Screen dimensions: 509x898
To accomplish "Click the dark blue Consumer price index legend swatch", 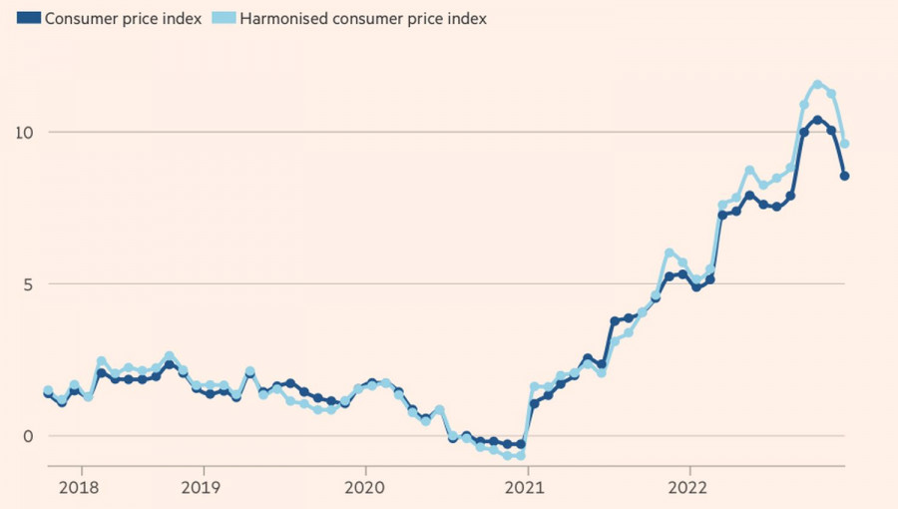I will (x=29, y=19).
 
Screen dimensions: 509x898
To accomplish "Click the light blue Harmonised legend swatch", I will (x=223, y=19).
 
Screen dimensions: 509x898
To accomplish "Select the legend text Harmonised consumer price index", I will (x=359, y=19).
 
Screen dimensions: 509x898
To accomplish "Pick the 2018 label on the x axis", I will (x=80, y=488).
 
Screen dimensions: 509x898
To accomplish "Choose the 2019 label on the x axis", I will (x=204, y=488).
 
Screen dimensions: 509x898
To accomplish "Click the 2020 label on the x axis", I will (x=364, y=488).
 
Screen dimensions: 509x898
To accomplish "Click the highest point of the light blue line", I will (x=817, y=85).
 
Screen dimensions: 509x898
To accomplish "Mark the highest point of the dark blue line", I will (x=817, y=120).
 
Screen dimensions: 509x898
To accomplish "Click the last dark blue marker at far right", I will (x=844, y=176).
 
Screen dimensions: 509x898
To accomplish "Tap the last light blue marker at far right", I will (x=844, y=144).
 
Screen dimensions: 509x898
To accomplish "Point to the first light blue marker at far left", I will (x=48, y=391).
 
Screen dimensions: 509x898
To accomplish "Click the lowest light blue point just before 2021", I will (x=520, y=455).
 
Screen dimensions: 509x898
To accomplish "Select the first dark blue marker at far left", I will (x=48, y=394).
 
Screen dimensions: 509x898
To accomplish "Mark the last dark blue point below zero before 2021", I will (x=520, y=444).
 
